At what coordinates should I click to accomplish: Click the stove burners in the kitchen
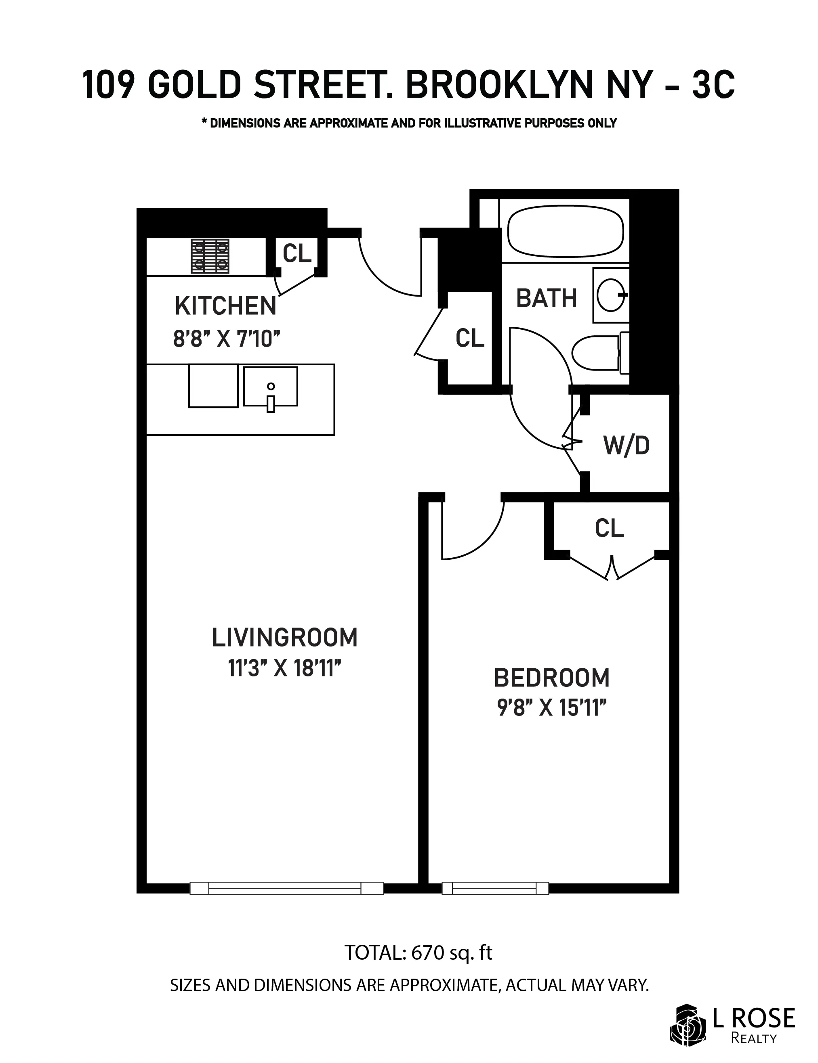(210, 256)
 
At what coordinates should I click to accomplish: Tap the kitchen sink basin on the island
(270, 387)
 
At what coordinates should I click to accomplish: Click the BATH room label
(546, 298)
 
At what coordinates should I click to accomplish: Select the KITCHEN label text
(225, 306)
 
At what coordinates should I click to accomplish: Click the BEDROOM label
(552, 678)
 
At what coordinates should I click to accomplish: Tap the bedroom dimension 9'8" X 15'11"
(552, 708)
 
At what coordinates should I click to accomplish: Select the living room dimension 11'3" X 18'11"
(284, 668)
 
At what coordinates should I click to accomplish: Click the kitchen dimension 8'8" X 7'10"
(227, 338)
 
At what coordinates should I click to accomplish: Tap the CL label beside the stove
(297, 253)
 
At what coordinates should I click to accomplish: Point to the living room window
(286, 888)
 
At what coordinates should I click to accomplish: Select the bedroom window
(495, 888)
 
